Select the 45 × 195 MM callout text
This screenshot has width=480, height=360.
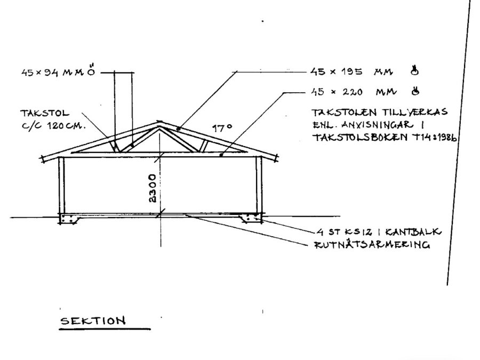(x=344, y=71)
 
